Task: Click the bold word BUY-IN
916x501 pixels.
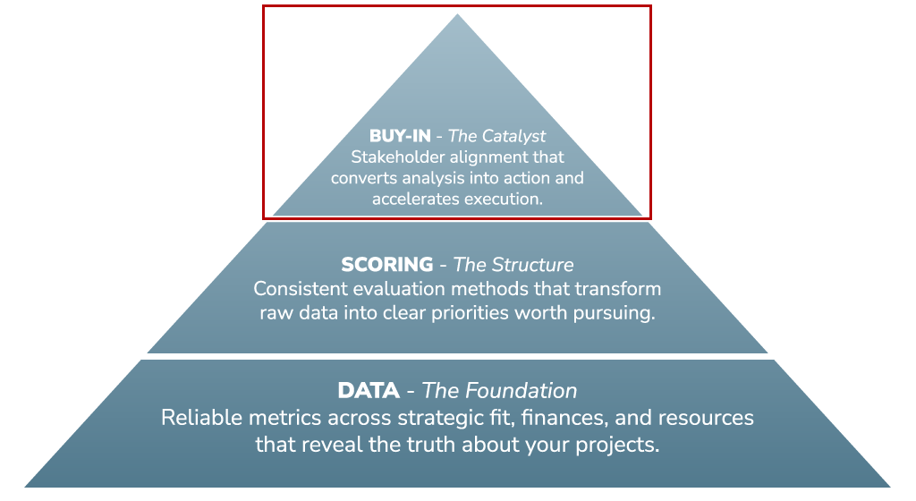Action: point(400,136)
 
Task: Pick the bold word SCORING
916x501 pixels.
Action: point(387,265)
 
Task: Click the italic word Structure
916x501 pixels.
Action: point(532,265)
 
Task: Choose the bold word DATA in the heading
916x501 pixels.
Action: point(369,391)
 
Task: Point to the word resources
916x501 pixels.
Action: point(706,418)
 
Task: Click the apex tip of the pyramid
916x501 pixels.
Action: point(457,14)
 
